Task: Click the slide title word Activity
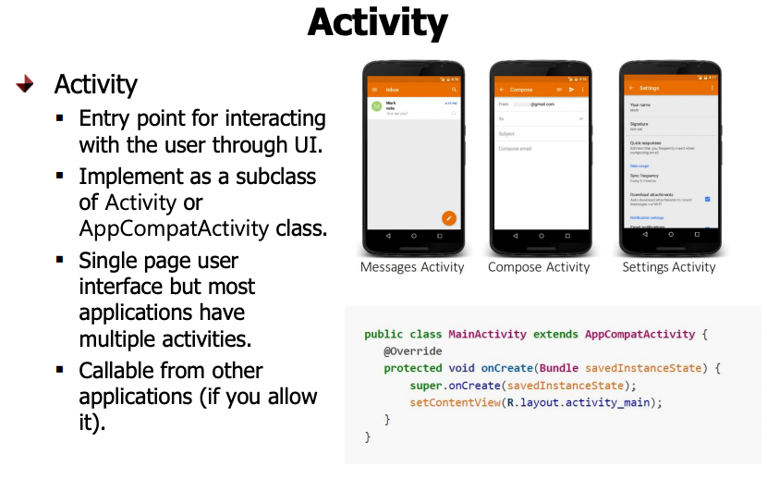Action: point(377,23)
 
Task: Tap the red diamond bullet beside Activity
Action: point(25,84)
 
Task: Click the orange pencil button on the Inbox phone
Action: point(449,217)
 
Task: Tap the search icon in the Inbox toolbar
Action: point(454,89)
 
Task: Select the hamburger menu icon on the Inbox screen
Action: point(374,89)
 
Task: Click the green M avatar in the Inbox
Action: point(377,106)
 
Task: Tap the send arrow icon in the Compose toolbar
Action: point(572,89)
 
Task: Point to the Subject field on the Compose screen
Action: point(507,134)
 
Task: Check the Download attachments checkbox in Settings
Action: point(707,199)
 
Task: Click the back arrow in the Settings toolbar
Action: point(631,88)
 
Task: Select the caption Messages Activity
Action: point(412,267)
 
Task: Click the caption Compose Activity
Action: point(539,267)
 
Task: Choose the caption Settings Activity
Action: point(669,267)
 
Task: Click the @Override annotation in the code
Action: point(412,351)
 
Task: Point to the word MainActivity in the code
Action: point(487,335)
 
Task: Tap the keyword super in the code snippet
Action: point(425,386)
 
